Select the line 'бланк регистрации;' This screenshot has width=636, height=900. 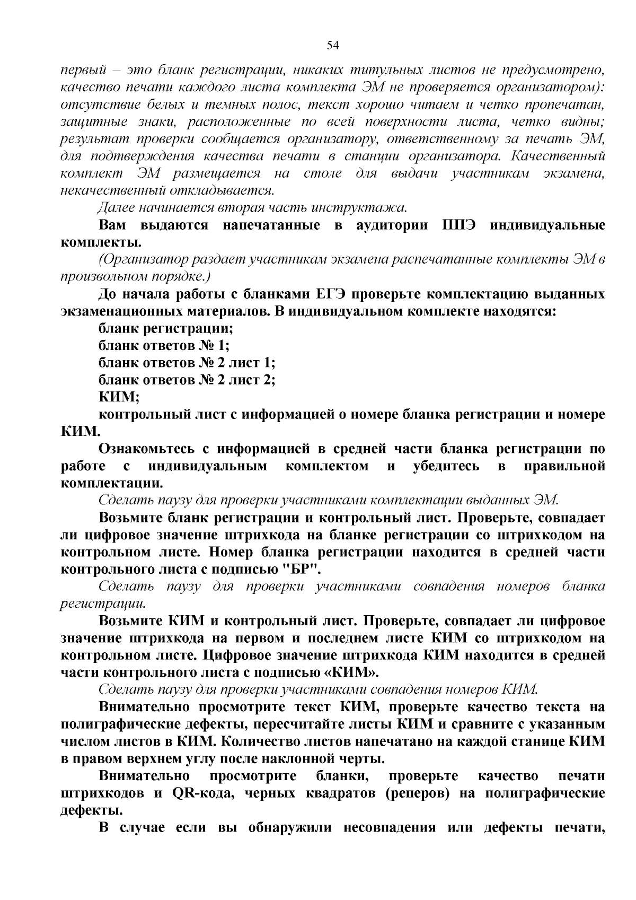pyautogui.click(x=166, y=328)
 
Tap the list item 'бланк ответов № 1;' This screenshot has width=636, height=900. pyautogui.click(x=164, y=346)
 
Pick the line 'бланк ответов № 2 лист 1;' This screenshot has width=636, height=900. pyautogui.click(x=187, y=363)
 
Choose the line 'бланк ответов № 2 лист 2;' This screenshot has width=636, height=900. pyautogui.click(x=187, y=380)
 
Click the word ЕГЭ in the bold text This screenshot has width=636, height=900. pyautogui.click(x=332, y=294)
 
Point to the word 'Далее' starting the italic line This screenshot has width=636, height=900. pyautogui.click(x=117, y=208)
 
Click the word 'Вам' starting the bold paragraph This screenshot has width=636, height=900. pyautogui.click(x=112, y=225)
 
